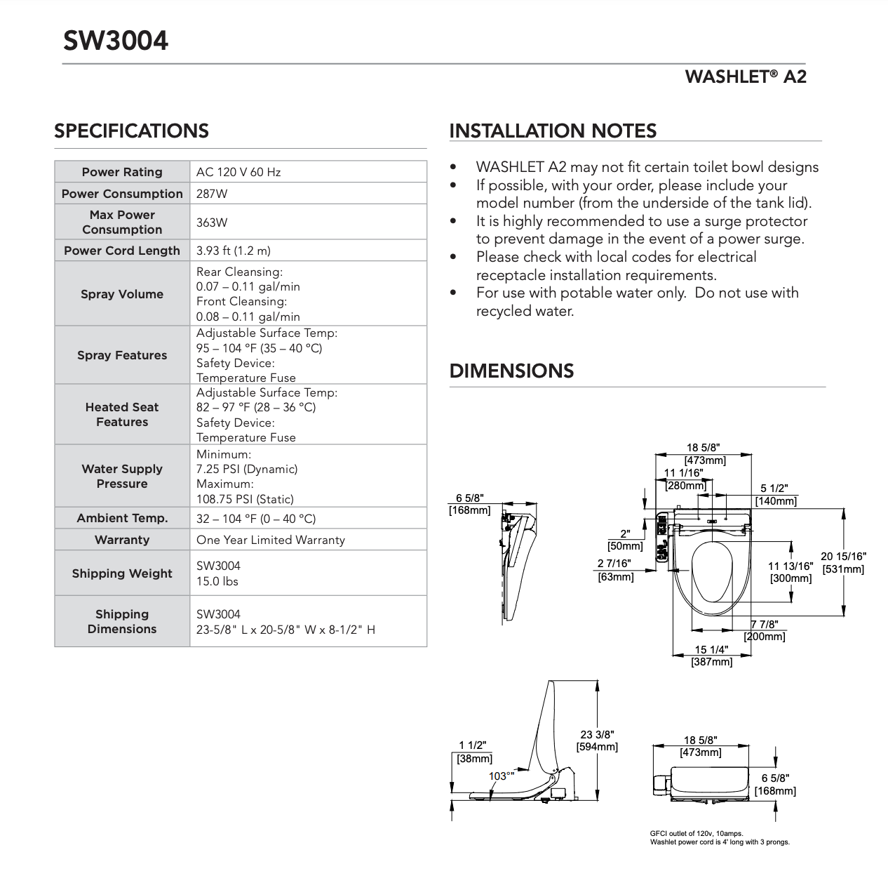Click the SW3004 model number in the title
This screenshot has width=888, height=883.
(116, 41)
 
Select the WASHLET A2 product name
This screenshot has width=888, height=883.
(746, 77)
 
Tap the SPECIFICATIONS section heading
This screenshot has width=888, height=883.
(131, 131)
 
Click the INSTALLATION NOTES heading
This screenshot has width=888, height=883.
(553, 131)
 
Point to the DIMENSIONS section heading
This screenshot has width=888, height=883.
(511, 371)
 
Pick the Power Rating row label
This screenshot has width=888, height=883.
(122, 172)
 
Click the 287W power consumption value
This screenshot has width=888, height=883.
(212, 194)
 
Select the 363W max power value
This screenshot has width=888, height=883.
(212, 223)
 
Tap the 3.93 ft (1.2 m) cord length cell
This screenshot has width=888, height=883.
(234, 251)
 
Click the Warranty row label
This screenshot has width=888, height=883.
(122, 540)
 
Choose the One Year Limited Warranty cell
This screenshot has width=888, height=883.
(271, 540)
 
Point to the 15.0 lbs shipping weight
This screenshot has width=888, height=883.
(217, 581)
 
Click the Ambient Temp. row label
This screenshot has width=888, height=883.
(122, 519)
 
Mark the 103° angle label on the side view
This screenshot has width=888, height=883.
(502, 776)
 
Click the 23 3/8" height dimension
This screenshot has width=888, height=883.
(597, 734)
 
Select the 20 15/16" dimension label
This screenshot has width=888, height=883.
(843, 557)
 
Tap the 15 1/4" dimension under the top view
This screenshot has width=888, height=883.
(711, 650)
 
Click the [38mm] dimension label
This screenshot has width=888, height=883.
(474, 759)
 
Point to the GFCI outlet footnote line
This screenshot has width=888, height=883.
(697, 833)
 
